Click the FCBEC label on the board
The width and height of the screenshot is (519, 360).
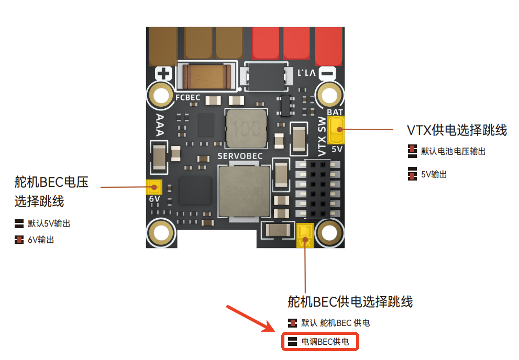pos(187,97)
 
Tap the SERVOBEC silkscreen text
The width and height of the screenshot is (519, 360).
pos(240,156)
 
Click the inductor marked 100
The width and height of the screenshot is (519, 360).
pos(246,129)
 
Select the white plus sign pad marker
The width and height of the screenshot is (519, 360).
pos(163,73)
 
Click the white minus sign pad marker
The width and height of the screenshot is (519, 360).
pos(327,73)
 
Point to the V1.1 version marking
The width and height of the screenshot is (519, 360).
pos(306,73)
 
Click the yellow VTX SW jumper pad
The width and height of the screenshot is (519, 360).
pos(336,130)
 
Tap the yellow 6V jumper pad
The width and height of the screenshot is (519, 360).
pos(154,187)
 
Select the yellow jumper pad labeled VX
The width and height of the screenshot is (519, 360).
pos(304,235)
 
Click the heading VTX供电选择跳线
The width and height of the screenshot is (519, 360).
pos(457,130)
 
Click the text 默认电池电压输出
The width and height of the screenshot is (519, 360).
pos(453,151)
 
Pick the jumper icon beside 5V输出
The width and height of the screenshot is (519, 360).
pos(412,174)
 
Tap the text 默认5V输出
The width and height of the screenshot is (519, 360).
pos(49,223)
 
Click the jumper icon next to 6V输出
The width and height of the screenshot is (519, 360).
pos(19,240)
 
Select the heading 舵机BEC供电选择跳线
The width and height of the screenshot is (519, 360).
pos(350,302)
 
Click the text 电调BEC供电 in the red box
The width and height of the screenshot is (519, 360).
pos(325,342)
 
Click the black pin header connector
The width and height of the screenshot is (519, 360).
pos(318,189)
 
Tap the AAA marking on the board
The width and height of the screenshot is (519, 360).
pos(160,125)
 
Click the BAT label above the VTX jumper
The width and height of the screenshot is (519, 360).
pos(335,113)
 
